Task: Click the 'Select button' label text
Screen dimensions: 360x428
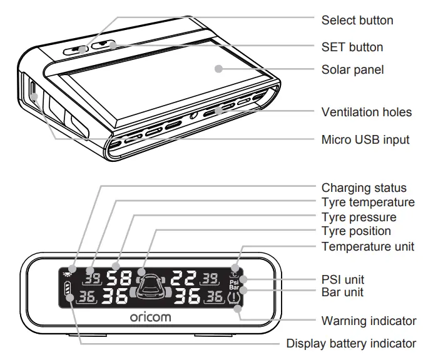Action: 357,21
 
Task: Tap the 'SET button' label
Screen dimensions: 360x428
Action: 352,47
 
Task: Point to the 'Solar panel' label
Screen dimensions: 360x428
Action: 352,70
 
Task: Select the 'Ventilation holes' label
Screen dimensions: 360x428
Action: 366,112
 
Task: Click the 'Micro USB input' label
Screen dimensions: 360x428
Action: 365,139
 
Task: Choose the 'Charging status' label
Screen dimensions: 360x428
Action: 364,188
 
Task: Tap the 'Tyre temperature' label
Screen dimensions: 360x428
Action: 368,202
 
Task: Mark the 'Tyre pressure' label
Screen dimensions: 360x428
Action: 359,217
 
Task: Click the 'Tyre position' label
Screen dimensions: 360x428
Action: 356,232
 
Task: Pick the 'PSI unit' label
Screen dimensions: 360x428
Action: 342,279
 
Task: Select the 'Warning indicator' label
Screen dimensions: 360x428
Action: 369,321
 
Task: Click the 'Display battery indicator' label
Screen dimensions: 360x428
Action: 351,343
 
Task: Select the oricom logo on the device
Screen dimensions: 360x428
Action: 150,317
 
